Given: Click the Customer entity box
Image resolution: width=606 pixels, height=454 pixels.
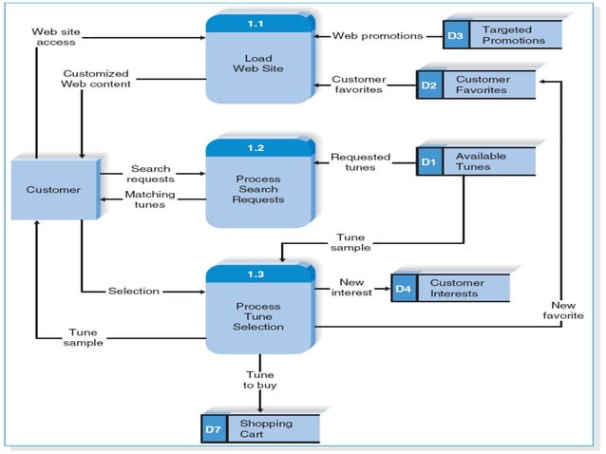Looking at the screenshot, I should (53, 190).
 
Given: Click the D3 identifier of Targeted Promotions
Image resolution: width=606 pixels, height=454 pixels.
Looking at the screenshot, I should (456, 36).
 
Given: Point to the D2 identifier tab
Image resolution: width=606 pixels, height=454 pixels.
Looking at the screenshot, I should (429, 85).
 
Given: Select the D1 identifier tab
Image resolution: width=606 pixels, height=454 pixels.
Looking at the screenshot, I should (429, 161).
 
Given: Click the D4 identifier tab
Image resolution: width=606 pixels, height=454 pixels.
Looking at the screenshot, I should (404, 288).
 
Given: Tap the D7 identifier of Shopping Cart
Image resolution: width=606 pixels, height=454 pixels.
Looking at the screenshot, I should (214, 429).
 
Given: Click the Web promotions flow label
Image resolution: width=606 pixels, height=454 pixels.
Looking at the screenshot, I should (377, 36).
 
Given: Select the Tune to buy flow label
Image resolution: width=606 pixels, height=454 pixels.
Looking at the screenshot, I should (259, 380).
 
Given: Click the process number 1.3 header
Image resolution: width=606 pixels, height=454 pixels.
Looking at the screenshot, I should (257, 274).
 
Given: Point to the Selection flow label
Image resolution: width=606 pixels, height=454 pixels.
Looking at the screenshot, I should (134, 291).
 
